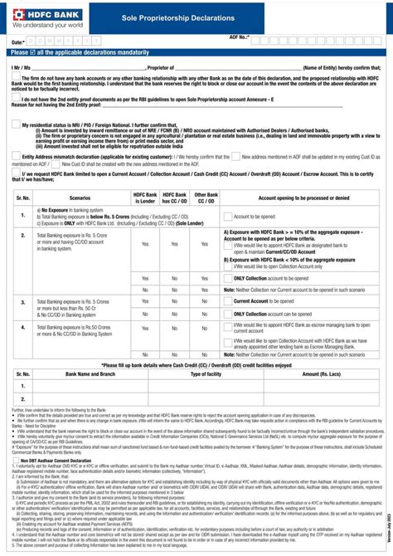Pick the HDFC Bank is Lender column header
click(145, 198)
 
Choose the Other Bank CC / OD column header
click(205, 198)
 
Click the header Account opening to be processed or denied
click(300, 198)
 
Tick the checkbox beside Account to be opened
click(227, 217)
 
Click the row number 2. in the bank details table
click(22, 398)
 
